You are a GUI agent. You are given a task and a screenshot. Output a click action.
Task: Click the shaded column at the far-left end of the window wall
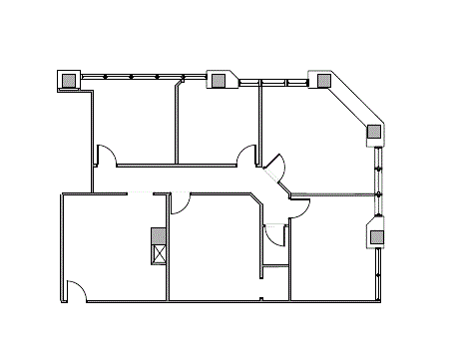(69, 80)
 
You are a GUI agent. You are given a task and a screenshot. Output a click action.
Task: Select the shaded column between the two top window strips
(217, 80)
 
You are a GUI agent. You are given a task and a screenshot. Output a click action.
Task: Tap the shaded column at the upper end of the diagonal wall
(323, 81)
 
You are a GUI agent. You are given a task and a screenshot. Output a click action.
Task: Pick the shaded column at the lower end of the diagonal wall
(374, 131)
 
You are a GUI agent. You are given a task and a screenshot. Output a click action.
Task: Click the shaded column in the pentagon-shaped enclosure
(377, 236)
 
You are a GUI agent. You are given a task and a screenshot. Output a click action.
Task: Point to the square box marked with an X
(158, 253)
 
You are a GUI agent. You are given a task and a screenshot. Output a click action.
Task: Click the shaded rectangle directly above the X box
(158, 236)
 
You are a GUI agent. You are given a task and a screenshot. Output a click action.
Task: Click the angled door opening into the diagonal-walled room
(276, 168)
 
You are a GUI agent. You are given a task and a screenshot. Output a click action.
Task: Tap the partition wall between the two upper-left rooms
(177, 125)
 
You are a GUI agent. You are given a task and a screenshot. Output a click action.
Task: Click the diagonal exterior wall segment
(350, 104)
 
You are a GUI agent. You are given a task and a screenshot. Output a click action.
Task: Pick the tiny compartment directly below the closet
(274, 282)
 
